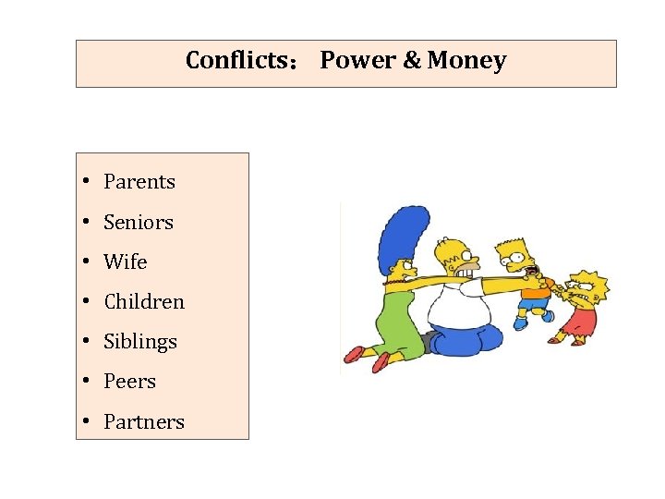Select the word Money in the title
coord(467,61)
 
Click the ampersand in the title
coord(412,61)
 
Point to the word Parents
coord(139,182)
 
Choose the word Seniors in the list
coord(139,223)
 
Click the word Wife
coord(126,262)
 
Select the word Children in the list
coord(144,302)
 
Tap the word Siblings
coord(140,342)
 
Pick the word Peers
coord(130,382)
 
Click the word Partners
coord(144,422)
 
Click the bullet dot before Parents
coord(84,182)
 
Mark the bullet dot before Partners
coord(84,422)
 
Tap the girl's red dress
coord(577,323)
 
